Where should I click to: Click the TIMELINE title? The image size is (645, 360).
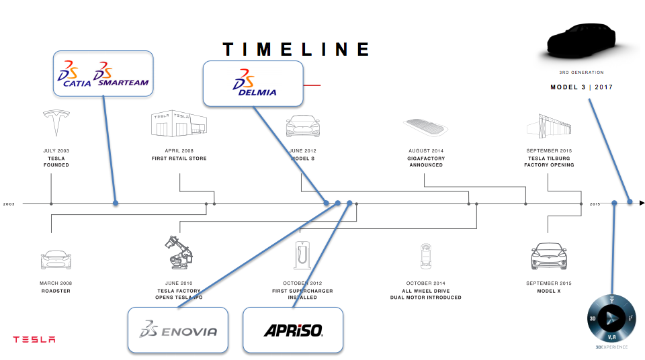pyautogui.click(x=296, y=49)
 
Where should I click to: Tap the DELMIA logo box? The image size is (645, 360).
pyautogui.click(x=253, y=83)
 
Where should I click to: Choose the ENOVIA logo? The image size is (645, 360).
pyautogui.click(x=178, y=330)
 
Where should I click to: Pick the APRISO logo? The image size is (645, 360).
pyautogui.click(x=293, y=330)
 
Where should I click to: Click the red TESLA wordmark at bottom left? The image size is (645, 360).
pyautogui.click(x=34, y=339)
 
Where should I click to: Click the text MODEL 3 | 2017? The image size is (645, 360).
pyautogui.click(x=581, y=87)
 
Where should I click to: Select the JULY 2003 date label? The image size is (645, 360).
pyautogui.click(x=56, y=150)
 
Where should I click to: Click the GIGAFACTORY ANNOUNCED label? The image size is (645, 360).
pyautogui.click(x=426, y=161)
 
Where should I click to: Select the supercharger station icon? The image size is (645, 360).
pyautogui.click(x=301, y=255)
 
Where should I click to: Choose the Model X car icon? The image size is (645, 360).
pyautogui.click(x=549, y=256)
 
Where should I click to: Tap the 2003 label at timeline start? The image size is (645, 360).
pyautogui.click(x=9, y=204)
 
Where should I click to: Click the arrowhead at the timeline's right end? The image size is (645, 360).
pyautogui.click(x=642, y=202)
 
